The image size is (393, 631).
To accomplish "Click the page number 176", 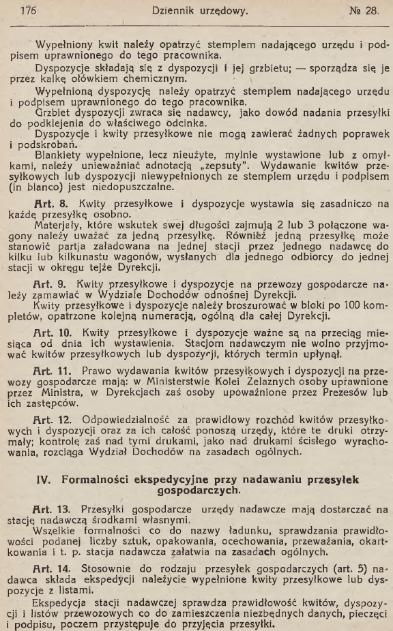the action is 28,10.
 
